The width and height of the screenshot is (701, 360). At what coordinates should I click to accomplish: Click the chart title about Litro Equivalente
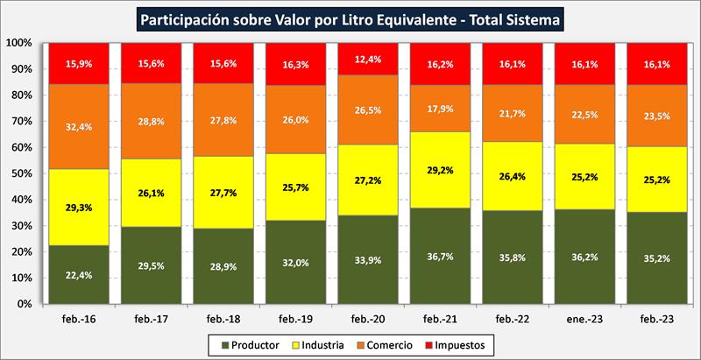(350, 18)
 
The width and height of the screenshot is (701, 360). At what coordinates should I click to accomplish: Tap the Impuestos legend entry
(478, 345)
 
